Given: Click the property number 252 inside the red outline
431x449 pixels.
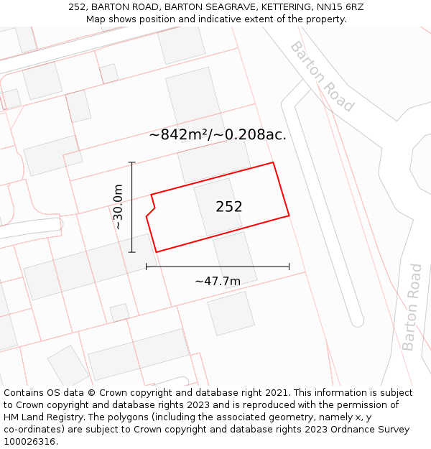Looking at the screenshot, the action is [x=229, y=207].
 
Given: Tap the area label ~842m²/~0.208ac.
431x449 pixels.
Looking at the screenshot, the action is [x=218, y=135].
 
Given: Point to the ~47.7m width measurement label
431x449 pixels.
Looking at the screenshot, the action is [x=218, y=281].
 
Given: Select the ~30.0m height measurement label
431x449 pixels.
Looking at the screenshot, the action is [x=119, y=207].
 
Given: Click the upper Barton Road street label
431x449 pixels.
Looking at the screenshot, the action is [x=322, y=76].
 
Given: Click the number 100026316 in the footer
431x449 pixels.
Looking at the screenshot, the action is [x=29, y=442].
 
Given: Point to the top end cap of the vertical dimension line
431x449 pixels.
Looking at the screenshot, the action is [x=132, y=162].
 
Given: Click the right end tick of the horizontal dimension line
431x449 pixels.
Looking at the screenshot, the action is [x=289, y=267].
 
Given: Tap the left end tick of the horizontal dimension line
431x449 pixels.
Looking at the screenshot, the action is [x=147, y=267].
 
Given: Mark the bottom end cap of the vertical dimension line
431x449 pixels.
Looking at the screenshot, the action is [x=132, y=252].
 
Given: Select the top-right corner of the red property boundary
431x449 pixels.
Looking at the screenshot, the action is [x=273, y=162].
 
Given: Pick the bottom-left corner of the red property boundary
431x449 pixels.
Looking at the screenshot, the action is [x=157, y=252].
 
